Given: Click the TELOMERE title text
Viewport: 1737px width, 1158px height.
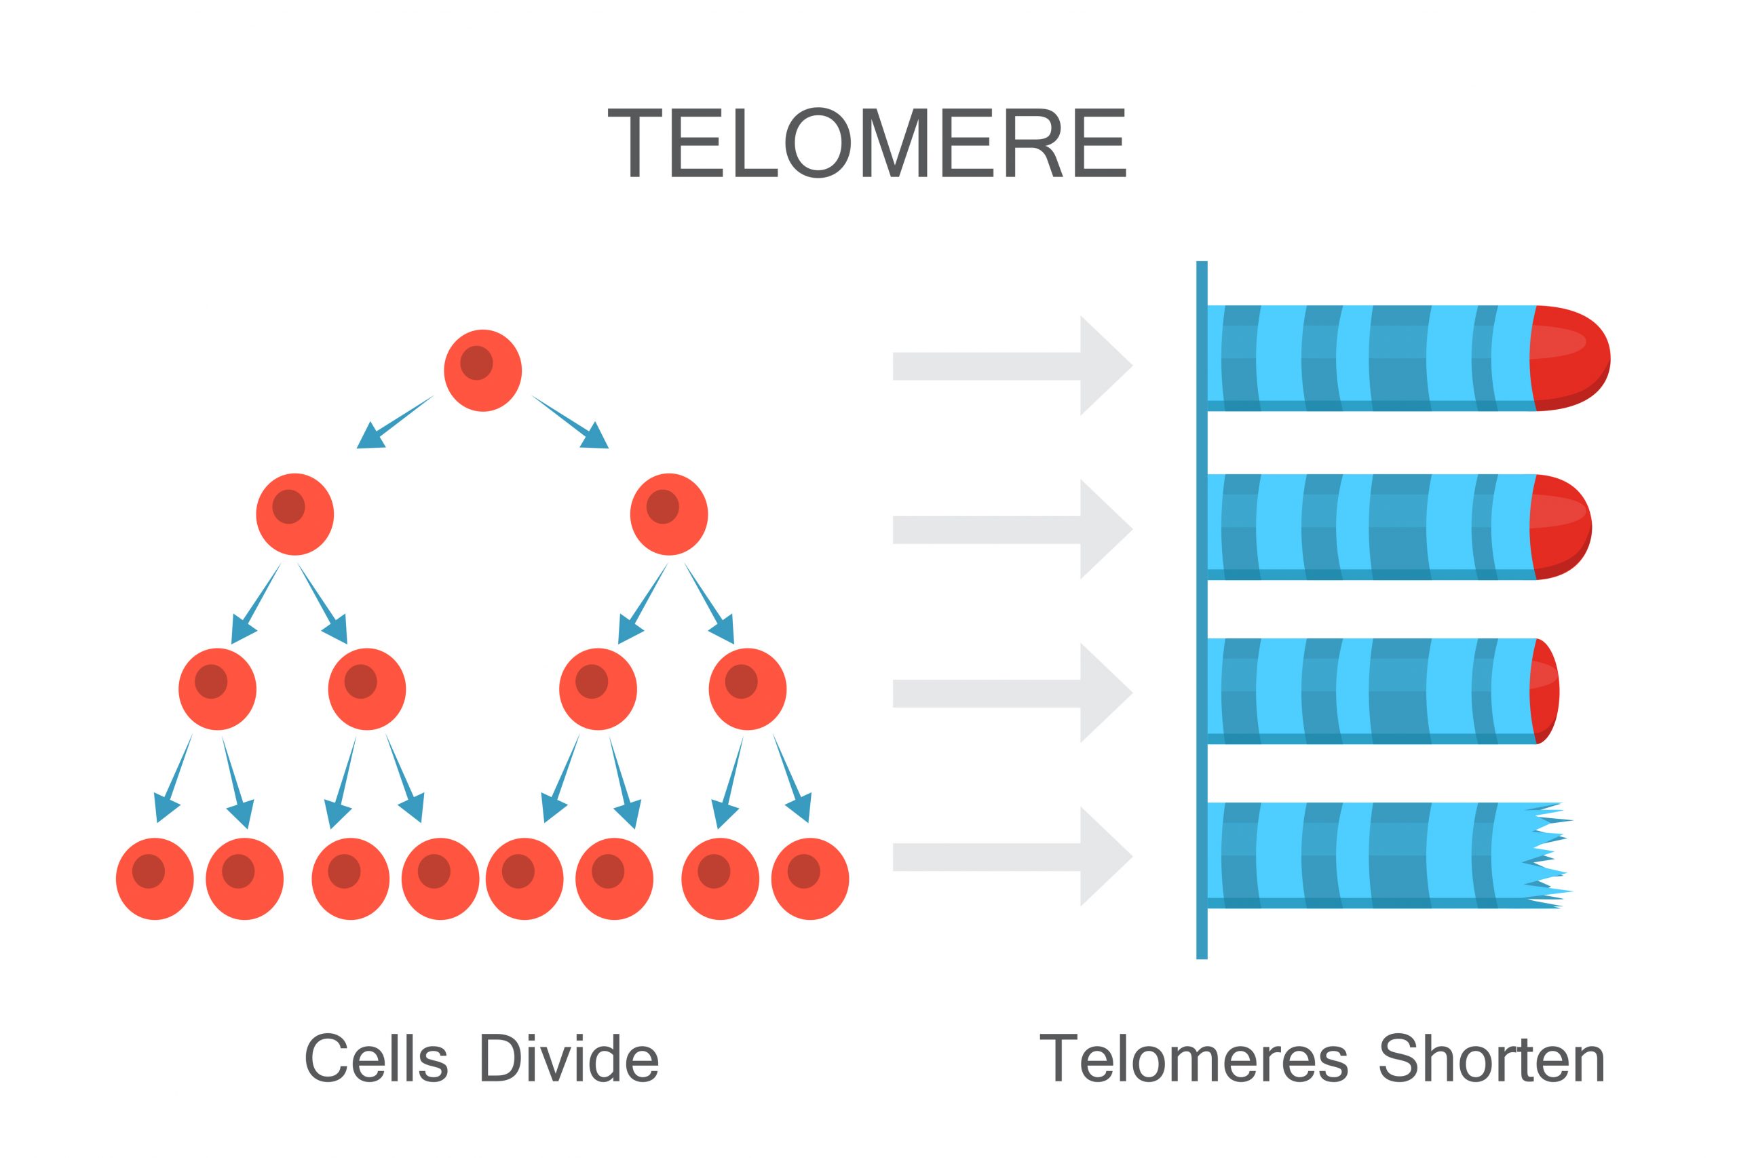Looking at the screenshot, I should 866,143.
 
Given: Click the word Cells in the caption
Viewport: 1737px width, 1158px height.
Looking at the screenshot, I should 375,1058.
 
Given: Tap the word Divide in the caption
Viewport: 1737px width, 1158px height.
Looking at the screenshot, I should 568,1058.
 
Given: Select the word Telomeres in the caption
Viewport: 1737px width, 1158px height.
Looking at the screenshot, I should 1193,1058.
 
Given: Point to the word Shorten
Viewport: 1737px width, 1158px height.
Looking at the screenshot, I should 1491,1058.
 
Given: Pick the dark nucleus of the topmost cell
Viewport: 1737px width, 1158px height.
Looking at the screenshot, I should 476,363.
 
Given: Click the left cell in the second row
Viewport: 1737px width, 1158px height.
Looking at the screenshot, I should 294,514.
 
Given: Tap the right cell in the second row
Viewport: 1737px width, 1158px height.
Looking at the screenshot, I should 668,514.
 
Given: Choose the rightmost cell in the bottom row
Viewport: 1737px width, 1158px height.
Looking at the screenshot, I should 809,879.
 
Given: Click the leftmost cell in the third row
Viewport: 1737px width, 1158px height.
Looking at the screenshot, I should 217,689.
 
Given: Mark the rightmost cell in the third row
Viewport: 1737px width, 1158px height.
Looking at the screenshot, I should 747,689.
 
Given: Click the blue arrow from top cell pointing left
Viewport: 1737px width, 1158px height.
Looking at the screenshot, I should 392,424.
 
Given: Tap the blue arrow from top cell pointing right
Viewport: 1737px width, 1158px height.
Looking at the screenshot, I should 573,424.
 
